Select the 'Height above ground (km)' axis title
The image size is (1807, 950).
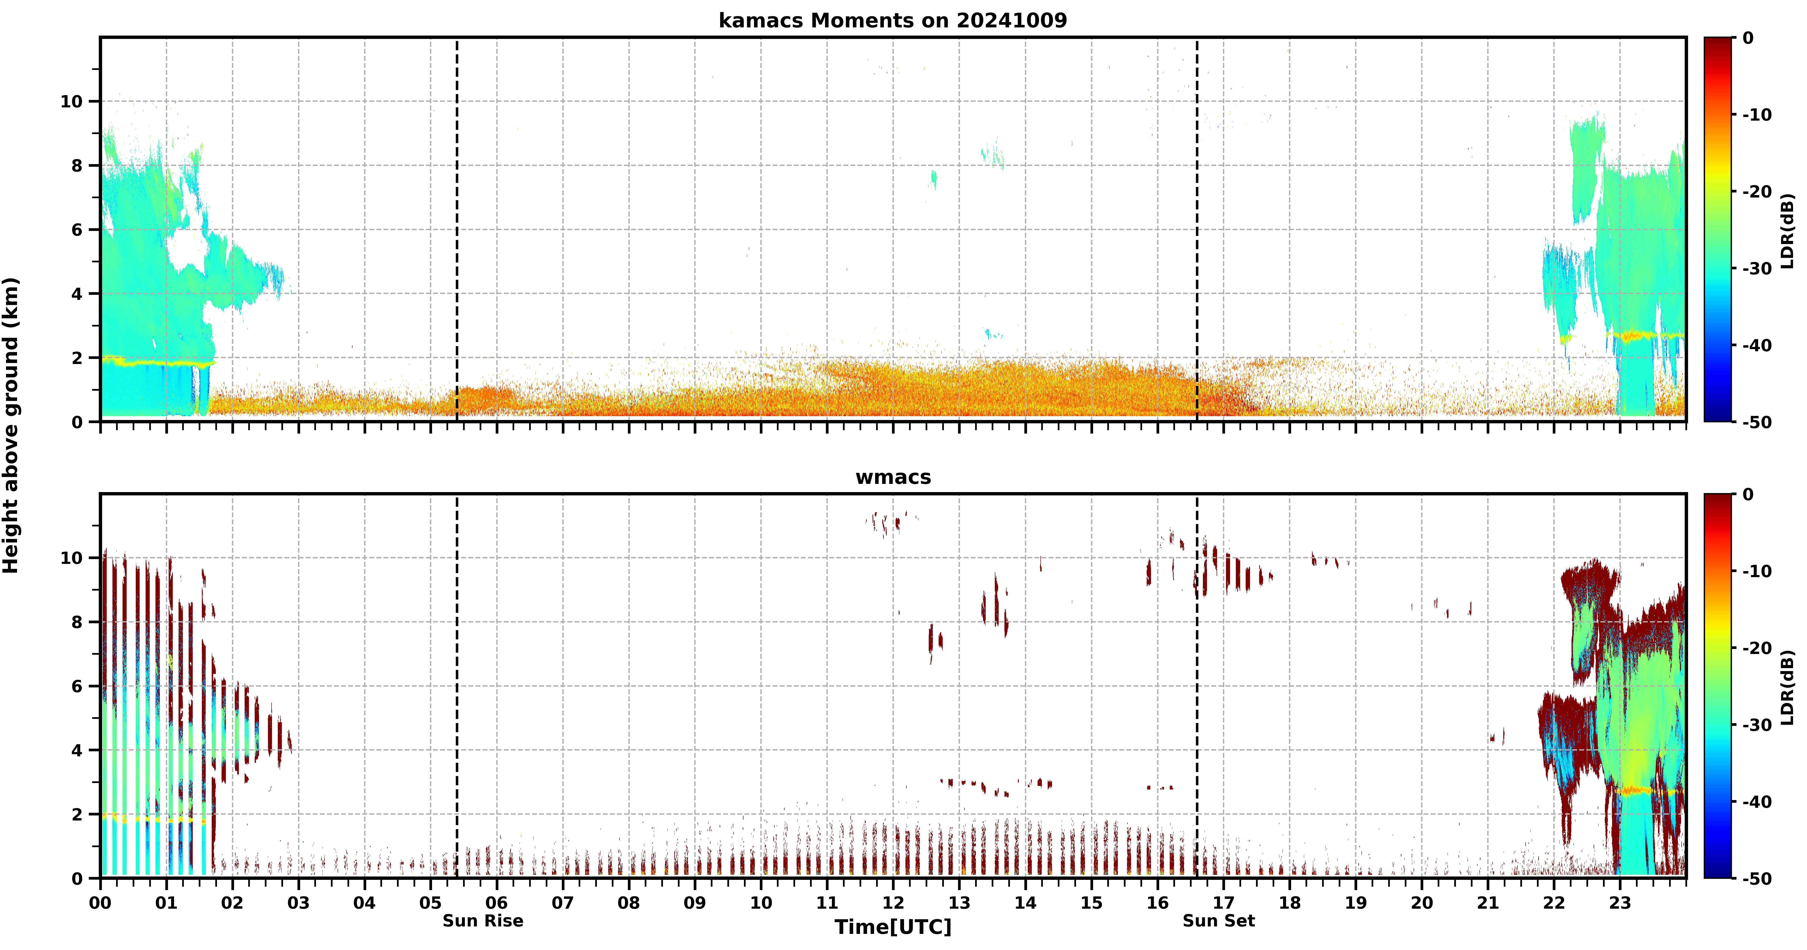[x=11, y=425]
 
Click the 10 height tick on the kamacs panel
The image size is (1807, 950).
[x=71, y=102]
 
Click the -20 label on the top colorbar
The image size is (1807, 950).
[x=1757, y=191]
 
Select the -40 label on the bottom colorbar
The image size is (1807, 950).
[x=1757, y=802]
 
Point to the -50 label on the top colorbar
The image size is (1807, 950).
[x=1757, y=422]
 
